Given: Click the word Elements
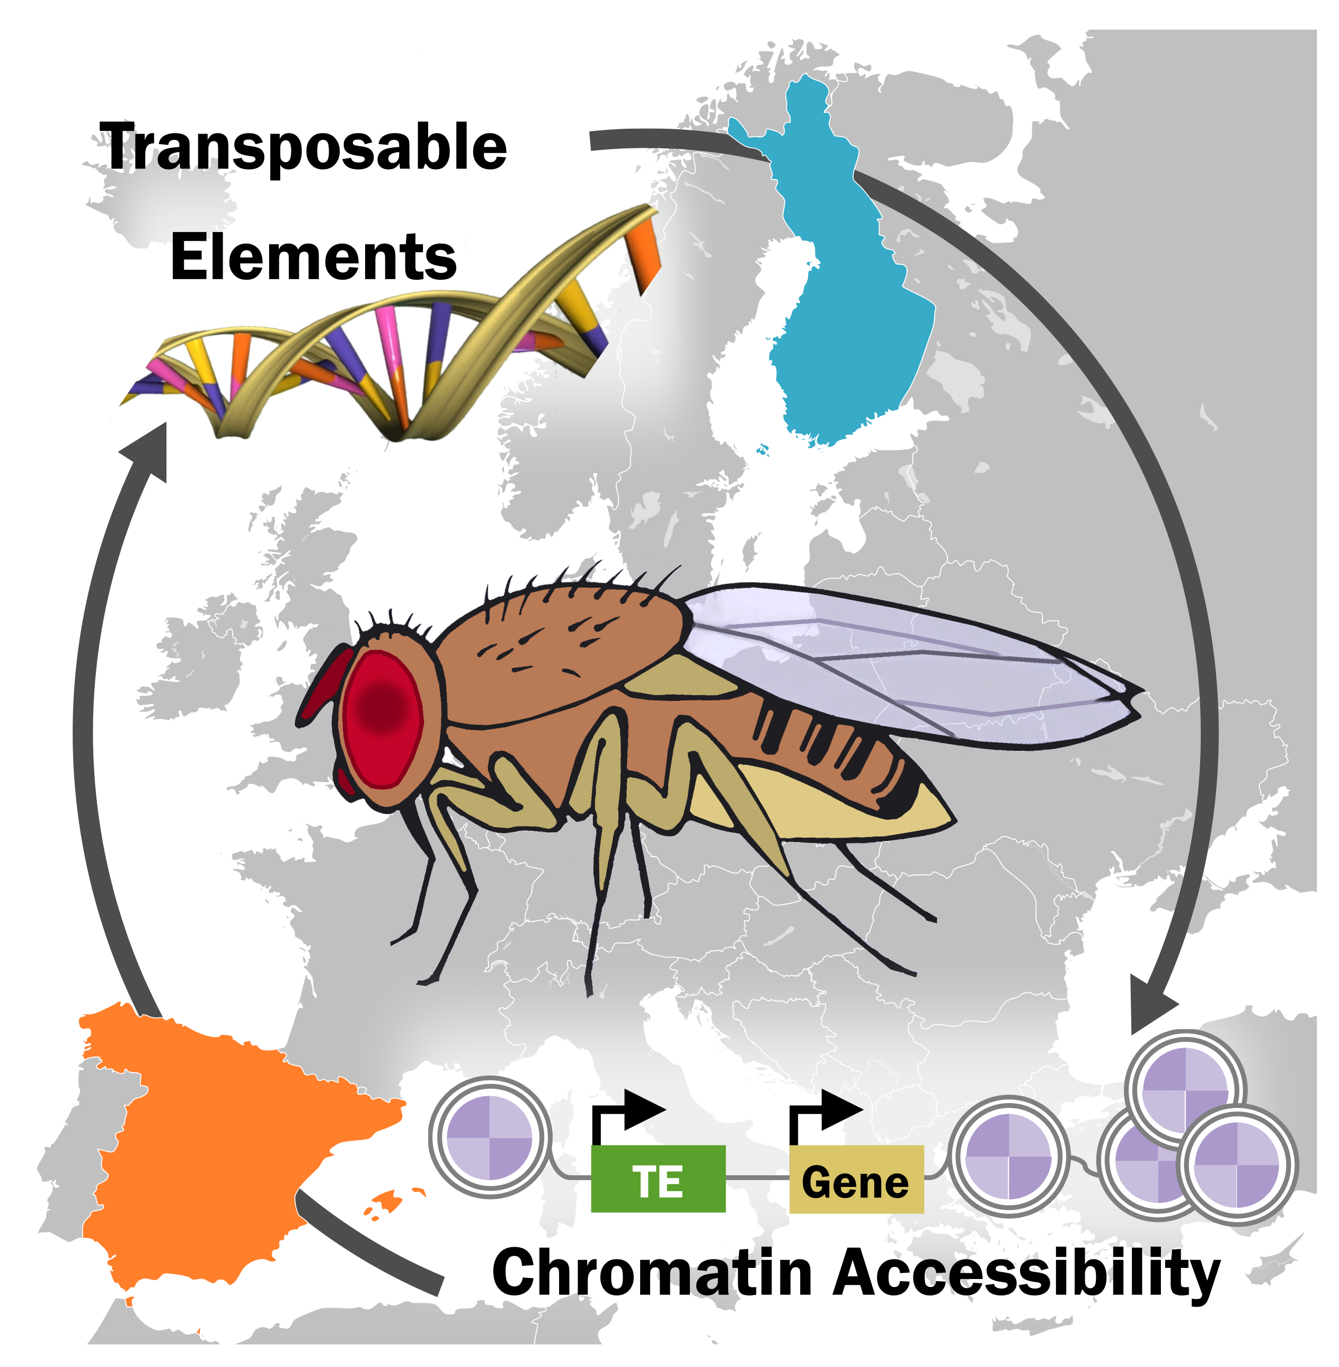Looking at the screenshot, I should pos(314,258).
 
